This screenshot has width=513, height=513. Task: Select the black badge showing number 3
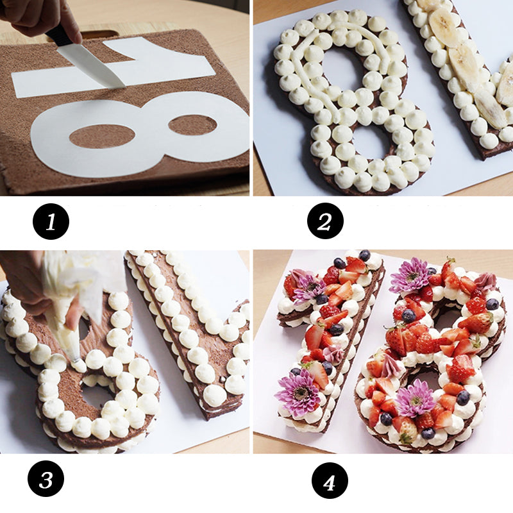tap(46, 480)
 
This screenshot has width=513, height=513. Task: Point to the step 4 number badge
tap(330, 480)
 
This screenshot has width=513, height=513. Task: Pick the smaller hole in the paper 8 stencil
tap(192, 124)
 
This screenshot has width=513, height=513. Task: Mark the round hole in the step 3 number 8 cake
tap(97, 394)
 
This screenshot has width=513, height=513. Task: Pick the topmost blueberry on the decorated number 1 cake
tap(364, 255)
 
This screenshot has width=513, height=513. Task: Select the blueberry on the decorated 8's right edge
tap(492, 304)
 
